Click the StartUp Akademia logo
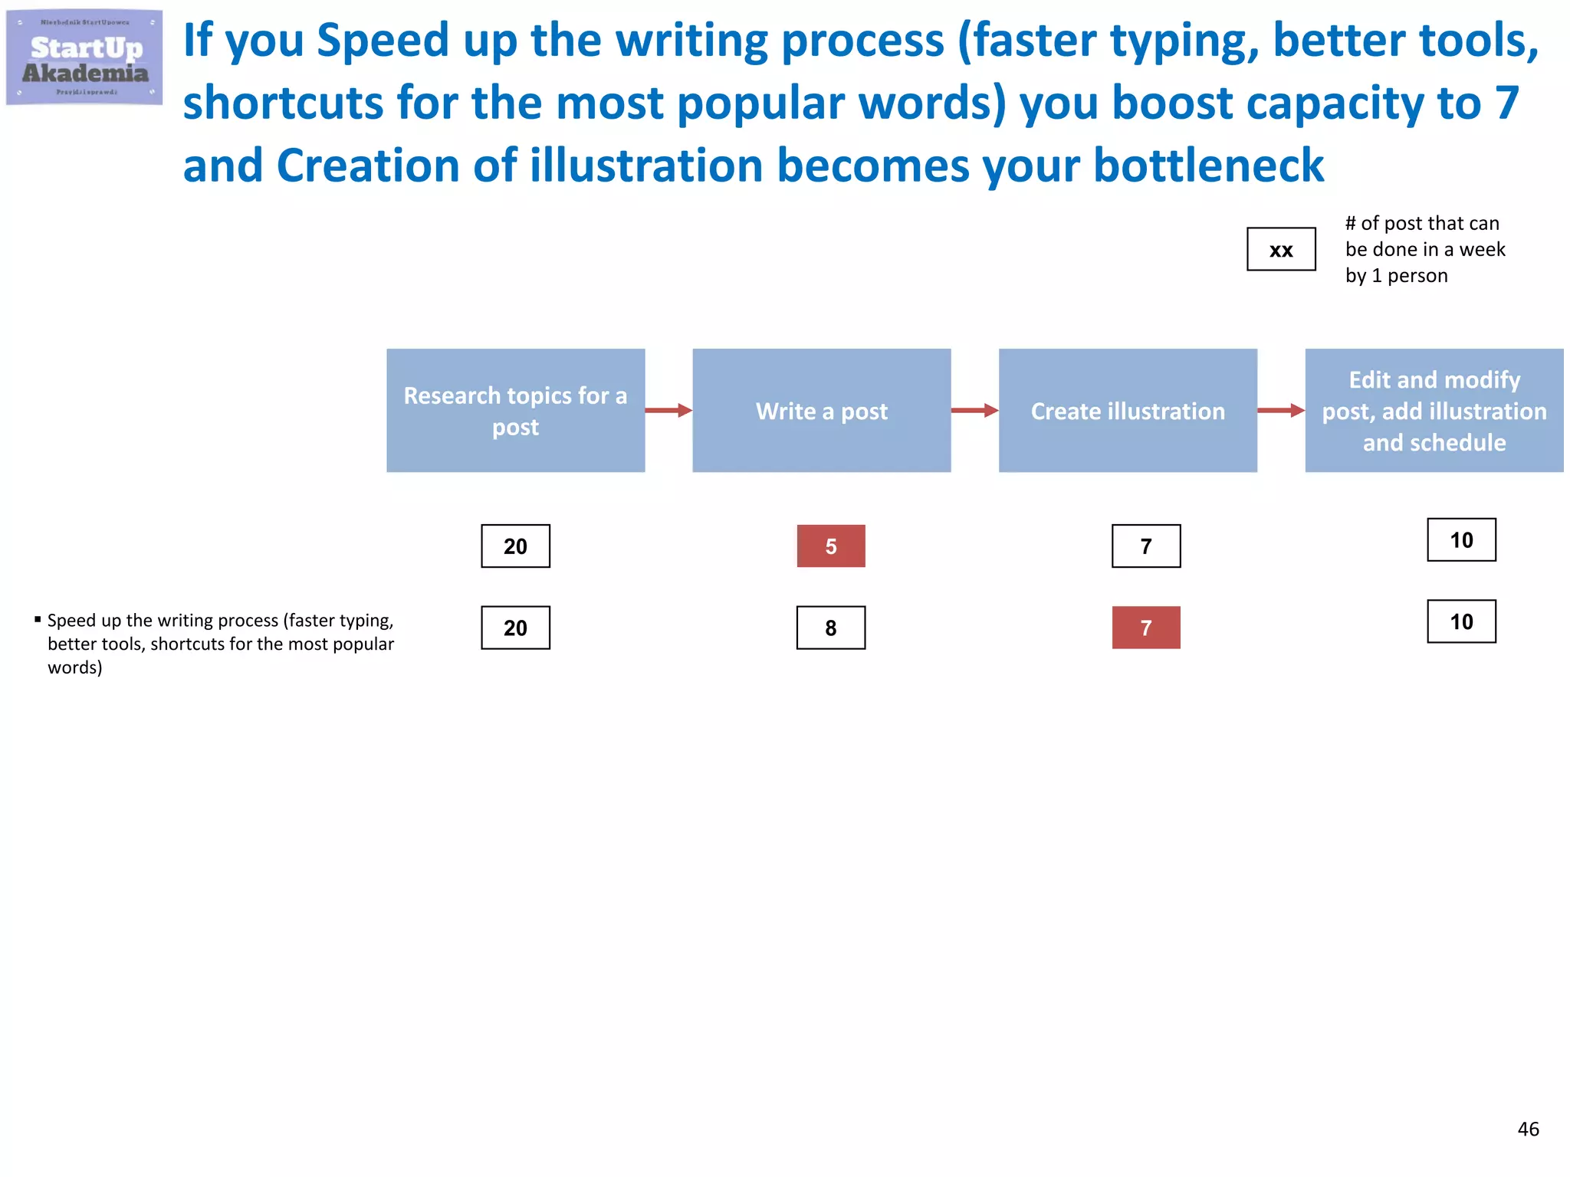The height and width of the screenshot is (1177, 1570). pyautogui.click(x=84, y=57)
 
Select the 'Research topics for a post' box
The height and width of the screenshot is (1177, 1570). pyautogui.click(x=515, y=411)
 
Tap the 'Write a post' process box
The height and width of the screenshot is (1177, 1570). pyautogui.click(x=821, y=411)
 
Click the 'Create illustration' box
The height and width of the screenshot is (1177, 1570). pyautogui.click(x=1128, y=411)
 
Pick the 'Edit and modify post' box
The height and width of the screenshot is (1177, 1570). pyautogui.click(x=1434, y=411)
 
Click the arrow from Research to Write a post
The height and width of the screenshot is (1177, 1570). pyautogui.click(x=668, y=411)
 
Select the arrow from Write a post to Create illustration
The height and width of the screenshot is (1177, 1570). pyautogui.click(x=974, y=411)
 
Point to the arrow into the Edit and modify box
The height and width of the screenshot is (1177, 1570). pyautogui.click(x=1281, y=411)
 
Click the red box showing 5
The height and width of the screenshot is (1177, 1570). pyautogui.click(x=831, y=546)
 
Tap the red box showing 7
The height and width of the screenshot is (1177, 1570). pyautogui.click(x=1146, y=628)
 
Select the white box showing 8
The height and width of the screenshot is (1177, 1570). pyautogui.click(x=831, y=628)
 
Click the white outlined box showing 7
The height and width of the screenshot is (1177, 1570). pyautogui.click(x=1146, y=546)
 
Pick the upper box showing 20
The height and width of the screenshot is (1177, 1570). pyautogui.click(x=515, y=546)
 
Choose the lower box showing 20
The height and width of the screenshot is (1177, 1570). pyautogui.click(x=515, y=628)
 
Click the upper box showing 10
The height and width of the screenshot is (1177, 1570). pyautogui.click(x=1461, y=540)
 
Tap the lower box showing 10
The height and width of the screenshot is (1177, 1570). pyautogui.click(x=1461, y=621)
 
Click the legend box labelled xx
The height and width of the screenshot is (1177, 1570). pyautogui.click(x=1281, y=249)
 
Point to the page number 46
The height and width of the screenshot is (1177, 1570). pyautogui.click(x=1528, y=1129)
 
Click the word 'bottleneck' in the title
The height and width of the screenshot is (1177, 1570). pyautogui.click(x=1208, y=166)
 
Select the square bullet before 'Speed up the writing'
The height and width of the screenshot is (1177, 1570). pyautogui.click(x=38, y=618)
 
